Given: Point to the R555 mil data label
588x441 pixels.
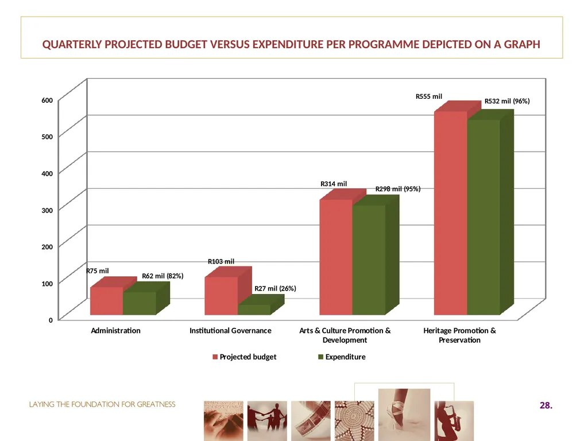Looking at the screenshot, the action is (428, 96).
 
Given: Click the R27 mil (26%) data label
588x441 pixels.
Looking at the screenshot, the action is (275, 288).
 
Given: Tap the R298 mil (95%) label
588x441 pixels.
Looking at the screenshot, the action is (398, 189).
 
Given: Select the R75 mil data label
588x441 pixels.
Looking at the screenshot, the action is (98, 271).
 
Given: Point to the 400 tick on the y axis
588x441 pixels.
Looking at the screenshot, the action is (47, 173).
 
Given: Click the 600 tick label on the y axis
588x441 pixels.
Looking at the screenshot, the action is (47, 100).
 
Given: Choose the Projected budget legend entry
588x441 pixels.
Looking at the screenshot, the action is (245, 357).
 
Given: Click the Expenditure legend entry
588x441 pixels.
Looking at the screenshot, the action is (342, 357).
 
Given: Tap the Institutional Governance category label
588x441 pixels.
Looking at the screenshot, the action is (230, 331).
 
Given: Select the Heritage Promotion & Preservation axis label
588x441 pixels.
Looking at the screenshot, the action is (459, 335).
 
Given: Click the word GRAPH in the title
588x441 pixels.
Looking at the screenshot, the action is (522, 44).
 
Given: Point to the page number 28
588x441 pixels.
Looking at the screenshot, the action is (546, 405).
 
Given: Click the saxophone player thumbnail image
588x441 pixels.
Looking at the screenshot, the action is (454, 421).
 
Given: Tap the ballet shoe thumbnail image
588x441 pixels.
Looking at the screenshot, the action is (404, 415).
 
